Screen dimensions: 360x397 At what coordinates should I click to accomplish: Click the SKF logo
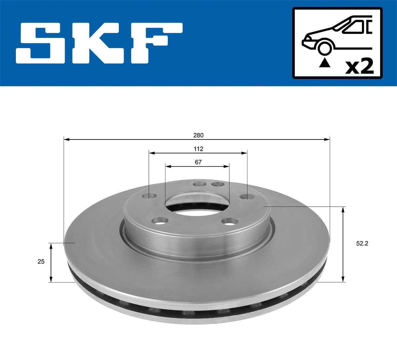click(99, 43)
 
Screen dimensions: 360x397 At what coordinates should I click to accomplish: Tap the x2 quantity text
click(359, 66)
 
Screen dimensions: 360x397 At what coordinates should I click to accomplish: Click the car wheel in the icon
click(324, 48)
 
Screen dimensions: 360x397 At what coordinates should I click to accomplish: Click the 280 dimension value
click(198, 135)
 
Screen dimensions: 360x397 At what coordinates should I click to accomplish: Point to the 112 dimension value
click(198, 149)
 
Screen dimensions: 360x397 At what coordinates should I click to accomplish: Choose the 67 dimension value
click(198, 162)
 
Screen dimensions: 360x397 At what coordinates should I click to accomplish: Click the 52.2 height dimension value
click(362, 244)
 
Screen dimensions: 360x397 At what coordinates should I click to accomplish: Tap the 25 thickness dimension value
click(41, 261)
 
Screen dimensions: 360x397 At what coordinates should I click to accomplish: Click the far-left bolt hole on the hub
click(150, 196)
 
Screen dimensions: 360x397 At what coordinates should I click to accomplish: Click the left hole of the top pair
click(199, 184)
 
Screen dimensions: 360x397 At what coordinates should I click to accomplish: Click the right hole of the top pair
click(217, 184)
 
